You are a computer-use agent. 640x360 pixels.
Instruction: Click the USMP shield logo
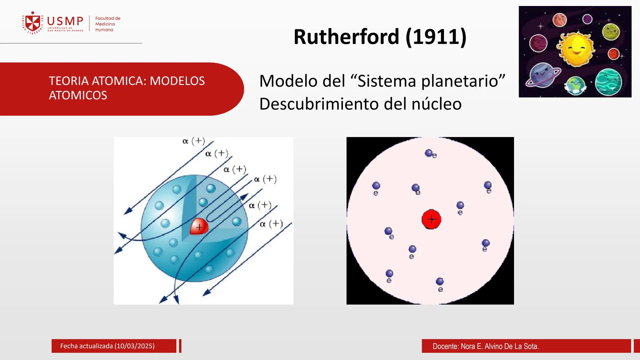click(x=33, y=23)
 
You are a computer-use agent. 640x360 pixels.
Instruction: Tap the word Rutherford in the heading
click(x=346, y=37)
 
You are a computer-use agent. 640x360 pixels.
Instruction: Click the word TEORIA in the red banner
click(x=69, y=81)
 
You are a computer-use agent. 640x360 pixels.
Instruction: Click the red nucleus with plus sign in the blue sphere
click(x=199, y=227)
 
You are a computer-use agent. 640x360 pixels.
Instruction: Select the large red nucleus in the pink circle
click(x=431, y=219)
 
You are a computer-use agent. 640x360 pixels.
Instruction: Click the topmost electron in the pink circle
click(x=429, y=153)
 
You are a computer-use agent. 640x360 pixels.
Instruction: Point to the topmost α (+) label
click(x=193, y=141)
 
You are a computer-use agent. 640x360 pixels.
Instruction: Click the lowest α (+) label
click(x=271, y=224)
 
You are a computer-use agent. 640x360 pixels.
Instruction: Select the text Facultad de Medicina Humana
click(x=107, y=24)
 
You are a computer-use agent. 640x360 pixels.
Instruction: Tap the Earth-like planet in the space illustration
click(x=575, y=85)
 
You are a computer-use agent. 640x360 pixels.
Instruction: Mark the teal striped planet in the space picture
click(x=609, y=82)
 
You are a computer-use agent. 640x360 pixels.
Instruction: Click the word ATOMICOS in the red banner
click(x=78, y=96)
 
